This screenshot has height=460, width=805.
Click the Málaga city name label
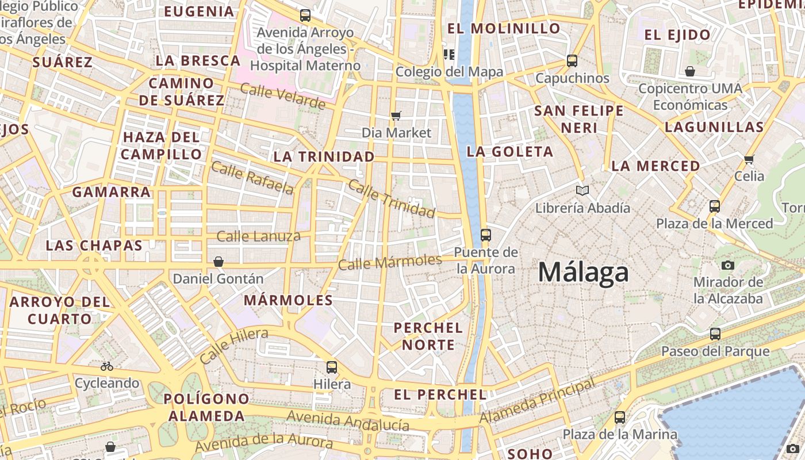pyautogui.click(x=583, y=272)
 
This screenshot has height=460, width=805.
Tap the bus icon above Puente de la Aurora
pyautogui.click(x=485, y=235)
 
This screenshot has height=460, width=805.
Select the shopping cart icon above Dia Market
pyautogui.click(x=396, y=116)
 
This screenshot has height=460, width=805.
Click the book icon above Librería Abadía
pyautogui.click(x=582, y=190)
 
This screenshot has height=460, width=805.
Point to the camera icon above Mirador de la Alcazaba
pyautogui.click(x=728, y=265)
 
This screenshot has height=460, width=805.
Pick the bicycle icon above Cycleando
pyautogui.click(x=107, y=366)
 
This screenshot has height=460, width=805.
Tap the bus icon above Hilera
pyautogui.click(x=332, y=367)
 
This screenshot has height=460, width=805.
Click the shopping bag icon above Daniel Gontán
pyautogui.click(x=218, y=262)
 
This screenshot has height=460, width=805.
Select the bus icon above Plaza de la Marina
pyautogui.click(x=619, y=417)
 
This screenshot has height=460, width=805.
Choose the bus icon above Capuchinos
pyautogui.click(x=572, y=60)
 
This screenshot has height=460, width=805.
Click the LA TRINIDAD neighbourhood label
pyautogui.click(x=324, y=156)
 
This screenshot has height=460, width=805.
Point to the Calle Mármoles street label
pyautogui.click(x=389, y=262)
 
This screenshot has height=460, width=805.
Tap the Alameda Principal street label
pyautogui.click(x=538, y=401)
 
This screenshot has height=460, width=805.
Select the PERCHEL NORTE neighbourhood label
pyautogui.click(x=428, y=336)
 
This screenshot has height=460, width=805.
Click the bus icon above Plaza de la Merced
pyautogui.click(x=715, y=206)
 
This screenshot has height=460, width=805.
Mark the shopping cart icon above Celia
pyautogui.click(x=749, y=159)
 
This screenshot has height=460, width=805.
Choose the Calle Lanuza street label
pyautogui.click(x=258, y=236)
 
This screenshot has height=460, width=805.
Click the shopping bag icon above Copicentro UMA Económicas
pyautogui.click(x=689, y=71)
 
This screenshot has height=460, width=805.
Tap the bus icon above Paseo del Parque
pyautogui.click(x=715, y=333)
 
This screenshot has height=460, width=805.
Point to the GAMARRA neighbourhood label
pyautogui.click(x=112, y=192)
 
